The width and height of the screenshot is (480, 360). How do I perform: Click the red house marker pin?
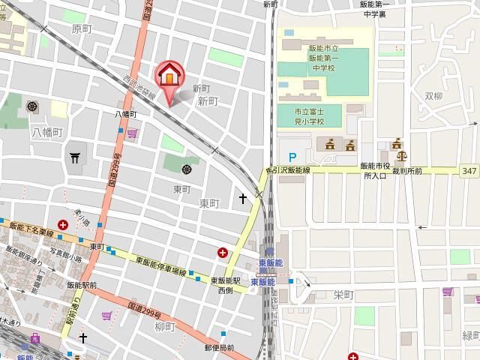click(x=169, y=75)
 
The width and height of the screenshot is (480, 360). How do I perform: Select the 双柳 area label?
click(x=435, y=96)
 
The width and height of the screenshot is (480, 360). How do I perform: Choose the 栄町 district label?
click(x=343, y=295)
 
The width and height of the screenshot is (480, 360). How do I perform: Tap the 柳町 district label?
click(x=164, y=328)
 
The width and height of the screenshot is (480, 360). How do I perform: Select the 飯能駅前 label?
click(x=82, y=285)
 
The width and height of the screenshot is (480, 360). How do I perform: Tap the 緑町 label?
click(x=469, y=334)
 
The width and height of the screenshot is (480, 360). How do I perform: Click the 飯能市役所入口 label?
click(x=375, y=170)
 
